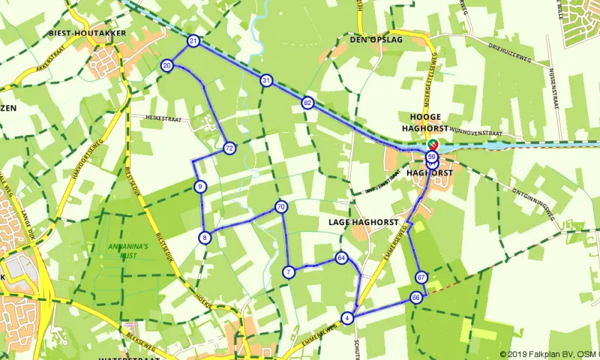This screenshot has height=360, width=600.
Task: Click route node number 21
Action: click(193, 40)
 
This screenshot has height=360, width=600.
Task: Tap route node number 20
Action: click(167, 66)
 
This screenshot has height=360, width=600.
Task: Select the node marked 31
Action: click(266, 80)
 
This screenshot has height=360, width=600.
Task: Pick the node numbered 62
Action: click(307, 103)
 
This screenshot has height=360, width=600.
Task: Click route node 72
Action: click(229, 148)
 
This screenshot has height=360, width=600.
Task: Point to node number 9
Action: click(199, 186)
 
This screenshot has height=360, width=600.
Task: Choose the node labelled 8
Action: click(204, 238)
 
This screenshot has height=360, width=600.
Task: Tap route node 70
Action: click(281, 206)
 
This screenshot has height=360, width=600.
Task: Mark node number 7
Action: click(288, 271)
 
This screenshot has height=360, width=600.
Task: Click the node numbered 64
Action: click(342, 258)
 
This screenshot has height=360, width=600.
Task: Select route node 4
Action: click(346, 318)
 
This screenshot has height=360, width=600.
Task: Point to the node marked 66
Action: click(416, 298)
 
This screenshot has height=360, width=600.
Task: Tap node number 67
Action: click(421, 277)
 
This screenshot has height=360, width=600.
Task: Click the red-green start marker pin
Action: click(433, 144)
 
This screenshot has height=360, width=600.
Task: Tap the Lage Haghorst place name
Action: click(361, 222)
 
